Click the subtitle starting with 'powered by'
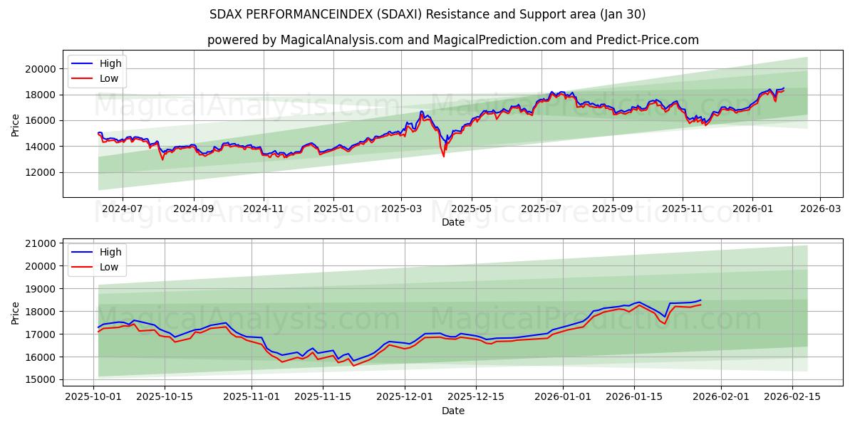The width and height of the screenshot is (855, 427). pyautogui.click(x=452, y=40)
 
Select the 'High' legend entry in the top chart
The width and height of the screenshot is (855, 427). pyautogui.click(x=109, y=63)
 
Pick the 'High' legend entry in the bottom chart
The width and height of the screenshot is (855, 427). pyautogui.click(x=109, y=252)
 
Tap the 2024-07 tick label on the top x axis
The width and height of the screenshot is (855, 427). pyautogui.click(x=122, y=209)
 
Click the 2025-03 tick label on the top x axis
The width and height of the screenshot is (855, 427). pyautogui.click(x=401, y=209)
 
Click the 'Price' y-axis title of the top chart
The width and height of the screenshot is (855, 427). pyautogui.click(x=16, y=124)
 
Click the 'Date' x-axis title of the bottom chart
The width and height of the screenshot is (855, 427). pyautogui.click(x=452, y=411)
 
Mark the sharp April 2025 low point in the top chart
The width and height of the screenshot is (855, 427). pyautogui.click(x=444, y=155)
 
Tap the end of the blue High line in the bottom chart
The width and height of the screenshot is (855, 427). pyautogui.click(x=700, y=300)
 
